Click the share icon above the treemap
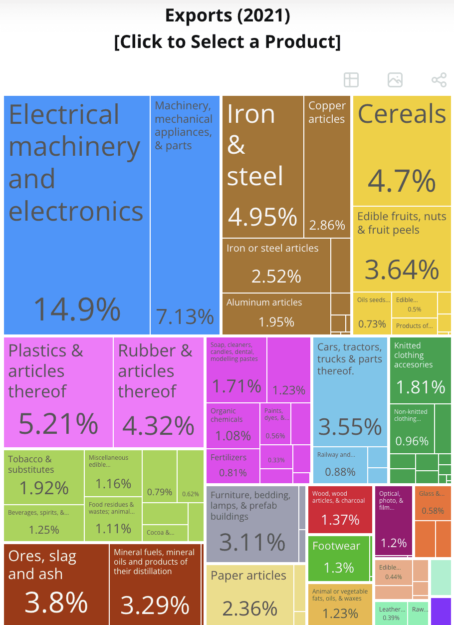(x=439, y=80)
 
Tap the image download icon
(x=395, y=80)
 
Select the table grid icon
(x=351, y=80)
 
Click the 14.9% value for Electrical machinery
(x=77, y=309)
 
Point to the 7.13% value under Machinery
(x=185, y=316)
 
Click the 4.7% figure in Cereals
(x=402, y=181)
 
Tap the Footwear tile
(x=339, y=557)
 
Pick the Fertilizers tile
(x=232, y=465)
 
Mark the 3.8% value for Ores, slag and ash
(x=56, y=603)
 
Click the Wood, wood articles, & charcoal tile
(x=340, y=509)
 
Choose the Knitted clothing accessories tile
(x=420, y=370)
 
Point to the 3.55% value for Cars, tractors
(x=350, y=427)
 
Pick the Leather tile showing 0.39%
(x=391, y=614)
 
